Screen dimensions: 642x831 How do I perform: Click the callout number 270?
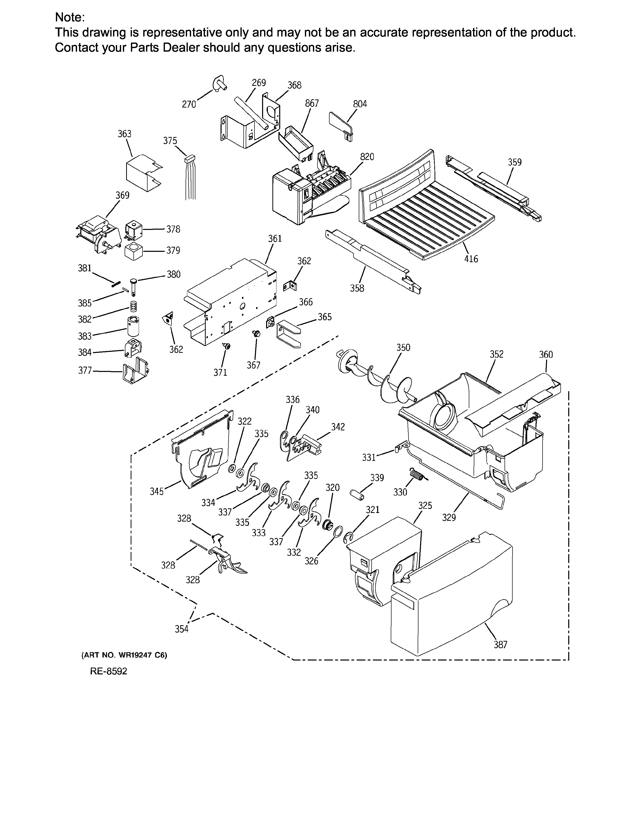click(189, 104)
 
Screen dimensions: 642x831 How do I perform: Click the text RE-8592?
click(109, 671)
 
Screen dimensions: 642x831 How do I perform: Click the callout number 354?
click(182, 629)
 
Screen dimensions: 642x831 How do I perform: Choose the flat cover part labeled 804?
click(341, 126)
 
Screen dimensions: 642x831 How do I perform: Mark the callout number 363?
click(124, 134)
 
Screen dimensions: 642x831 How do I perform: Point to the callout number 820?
click(367, 157)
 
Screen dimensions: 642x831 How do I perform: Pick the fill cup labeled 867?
click(296, 143)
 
